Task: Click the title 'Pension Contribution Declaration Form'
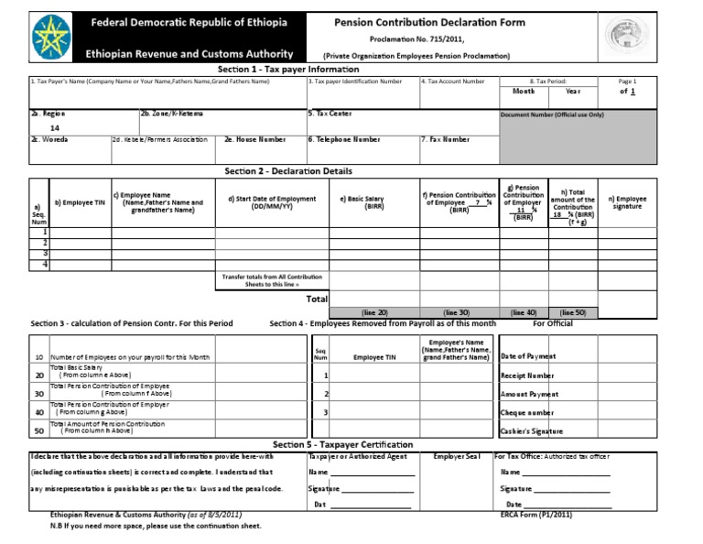[x=416, y=21]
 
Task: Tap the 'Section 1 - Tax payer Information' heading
[x=288, y=70]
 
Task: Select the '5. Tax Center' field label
[x=330, y=114]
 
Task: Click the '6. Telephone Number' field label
[x=344, y=140]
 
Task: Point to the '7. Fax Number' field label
[x=445, y=140]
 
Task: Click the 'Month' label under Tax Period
[x=524, y=92]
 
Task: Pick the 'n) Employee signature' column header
[x=627, y=202]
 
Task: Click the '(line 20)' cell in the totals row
[x=374, y=312]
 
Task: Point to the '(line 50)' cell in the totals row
[x=573, y=312]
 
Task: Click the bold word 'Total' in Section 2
[x=317, y=299]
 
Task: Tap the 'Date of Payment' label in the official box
[x=529, y=356]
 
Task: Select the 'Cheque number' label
[x=527, y=412]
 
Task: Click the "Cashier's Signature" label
[x=532, y=430]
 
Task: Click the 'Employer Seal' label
[x=456, y=455]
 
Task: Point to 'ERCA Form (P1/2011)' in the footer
[x=536, y=516]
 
